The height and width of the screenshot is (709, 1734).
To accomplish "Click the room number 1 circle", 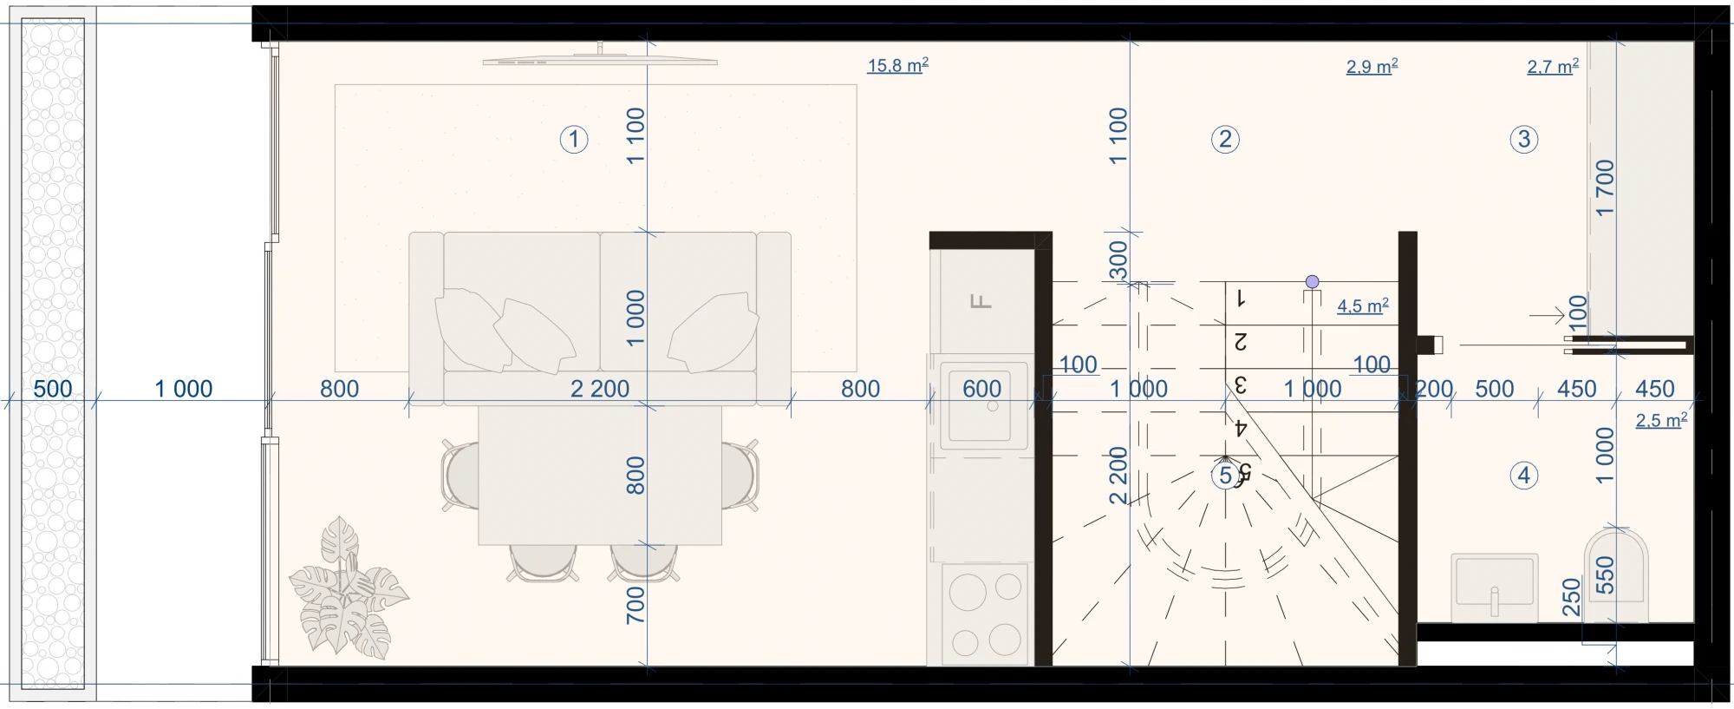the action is click(574, 139).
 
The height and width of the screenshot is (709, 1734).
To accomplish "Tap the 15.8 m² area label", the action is click(898, 65).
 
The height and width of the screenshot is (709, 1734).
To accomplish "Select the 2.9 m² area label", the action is click(1372, 66).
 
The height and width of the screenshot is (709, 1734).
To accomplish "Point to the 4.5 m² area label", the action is click(1363, 305).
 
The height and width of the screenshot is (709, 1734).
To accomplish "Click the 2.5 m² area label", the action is click(1661, 420).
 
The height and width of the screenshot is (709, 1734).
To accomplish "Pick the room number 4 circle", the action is click(1524, 476).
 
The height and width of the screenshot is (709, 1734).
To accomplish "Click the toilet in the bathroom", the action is click(1616, 574).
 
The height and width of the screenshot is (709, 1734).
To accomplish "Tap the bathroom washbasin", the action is click(1495, 588).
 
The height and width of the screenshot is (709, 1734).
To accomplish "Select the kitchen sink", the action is click(983, 405).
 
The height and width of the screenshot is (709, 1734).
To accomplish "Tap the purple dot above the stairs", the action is click(1312, 281).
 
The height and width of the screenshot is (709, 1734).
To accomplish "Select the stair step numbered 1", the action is click(1241, 299).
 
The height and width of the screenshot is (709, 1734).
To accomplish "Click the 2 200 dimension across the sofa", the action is click(600, 388).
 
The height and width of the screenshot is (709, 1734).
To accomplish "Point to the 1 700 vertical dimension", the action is click(1605, 187).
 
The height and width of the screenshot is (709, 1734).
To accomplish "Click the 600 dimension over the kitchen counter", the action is click(981, 388).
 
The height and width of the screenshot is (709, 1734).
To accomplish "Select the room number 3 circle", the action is click(1524, 139).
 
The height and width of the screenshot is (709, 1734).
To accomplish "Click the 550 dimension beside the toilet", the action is click(1605, 574).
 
